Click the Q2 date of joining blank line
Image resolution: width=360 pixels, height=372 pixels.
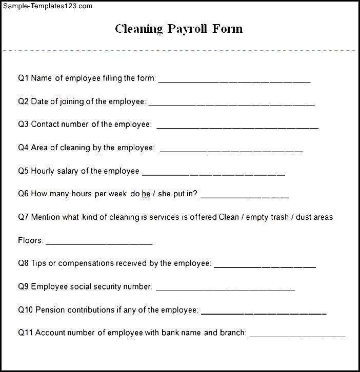pyautogui.click(x=231, y=104)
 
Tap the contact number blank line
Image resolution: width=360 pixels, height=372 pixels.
pyautogui.click(x=237, y=127)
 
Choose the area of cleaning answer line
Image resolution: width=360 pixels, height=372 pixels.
pyautogui.click(x=231, y=151)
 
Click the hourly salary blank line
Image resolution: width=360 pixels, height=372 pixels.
pyautogui.click(x=213, y=174)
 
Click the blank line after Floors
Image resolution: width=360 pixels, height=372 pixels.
pyautogui.click(x=99, y=243)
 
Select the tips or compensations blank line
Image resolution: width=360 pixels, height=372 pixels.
pyautogui.click(x=265, y=266)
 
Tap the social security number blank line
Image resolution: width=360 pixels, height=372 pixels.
pyautogui.click(x=225, y=290)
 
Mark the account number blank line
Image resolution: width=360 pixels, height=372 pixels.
pyautogui.click(x=297, y=336)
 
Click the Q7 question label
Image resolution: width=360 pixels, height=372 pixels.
pyautogui.click(x=24, y=217)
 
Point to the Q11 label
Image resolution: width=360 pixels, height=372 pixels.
pyautogui.click(x=26, y=333)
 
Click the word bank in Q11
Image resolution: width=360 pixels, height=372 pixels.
pyautogui.click(x=170, y=333)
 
